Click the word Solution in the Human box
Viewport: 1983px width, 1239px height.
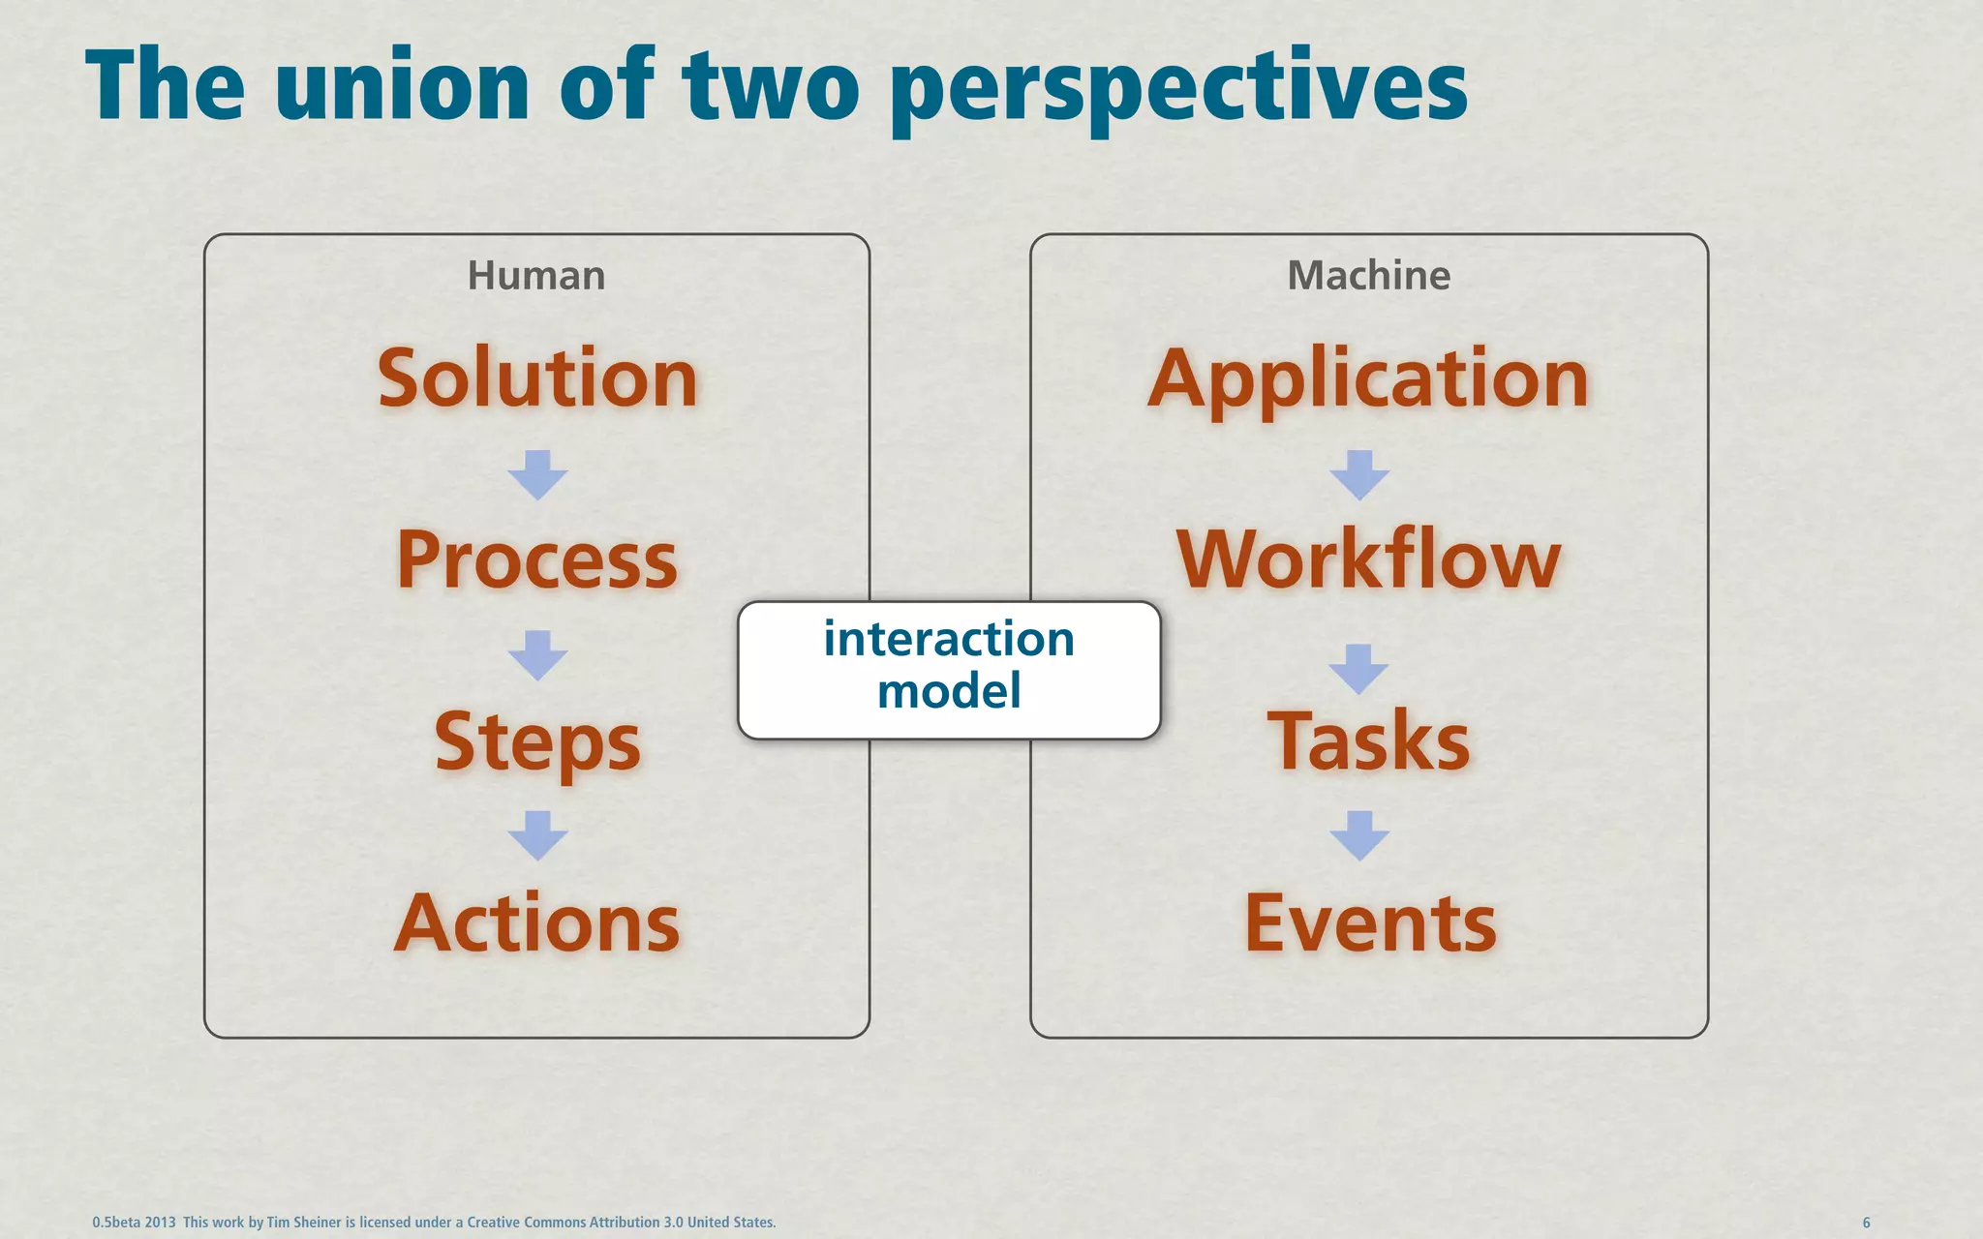[x=537, y=378]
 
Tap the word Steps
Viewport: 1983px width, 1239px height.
[x=537, y=741]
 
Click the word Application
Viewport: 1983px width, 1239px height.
[x=1368, y=378]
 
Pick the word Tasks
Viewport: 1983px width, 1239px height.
[x=1368, y=741]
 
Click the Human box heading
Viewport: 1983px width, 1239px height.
[x=536, y=276]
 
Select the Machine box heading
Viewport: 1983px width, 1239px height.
[x=1368, y=276]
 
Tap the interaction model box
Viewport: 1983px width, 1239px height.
[x=949, y=668]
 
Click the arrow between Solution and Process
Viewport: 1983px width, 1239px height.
[x=537, y=474]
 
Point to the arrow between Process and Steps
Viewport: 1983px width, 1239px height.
[x=537, y=655]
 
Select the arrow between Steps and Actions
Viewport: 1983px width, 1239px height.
[x=537, y=835]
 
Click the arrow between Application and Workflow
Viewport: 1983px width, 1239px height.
[x=1359, y=474]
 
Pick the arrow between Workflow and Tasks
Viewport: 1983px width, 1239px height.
[x=1359, y=668]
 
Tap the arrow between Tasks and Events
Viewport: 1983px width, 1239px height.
[x=1359, y=835]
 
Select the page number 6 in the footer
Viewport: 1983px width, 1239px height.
[x=1867, y=1223]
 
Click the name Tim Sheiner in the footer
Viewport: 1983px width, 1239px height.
[x=304, y=1223]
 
